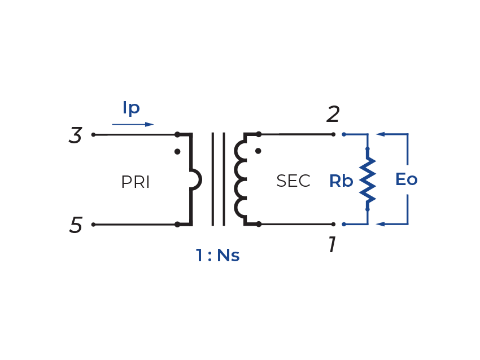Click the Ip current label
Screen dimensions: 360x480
(131, 108)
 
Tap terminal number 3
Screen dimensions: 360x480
(76, 136)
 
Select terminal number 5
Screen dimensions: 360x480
(76, 226)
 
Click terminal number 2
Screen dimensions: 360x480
(333, 116)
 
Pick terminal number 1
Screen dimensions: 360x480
(333, 245)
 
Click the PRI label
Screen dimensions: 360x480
(136, 182)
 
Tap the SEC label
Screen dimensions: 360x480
(293, 181)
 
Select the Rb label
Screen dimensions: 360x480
(341, 181)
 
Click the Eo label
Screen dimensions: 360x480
(406, 180)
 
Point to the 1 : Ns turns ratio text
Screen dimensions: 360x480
(217, 256)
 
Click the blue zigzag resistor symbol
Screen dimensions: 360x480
(368, 179)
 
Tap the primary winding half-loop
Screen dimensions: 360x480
(196, 180)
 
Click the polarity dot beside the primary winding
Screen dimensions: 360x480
(177, 152)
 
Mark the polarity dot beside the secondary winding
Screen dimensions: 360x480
(258, 151)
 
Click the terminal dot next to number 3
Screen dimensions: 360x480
(93, 135)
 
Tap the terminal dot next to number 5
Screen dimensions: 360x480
(93, 225)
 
